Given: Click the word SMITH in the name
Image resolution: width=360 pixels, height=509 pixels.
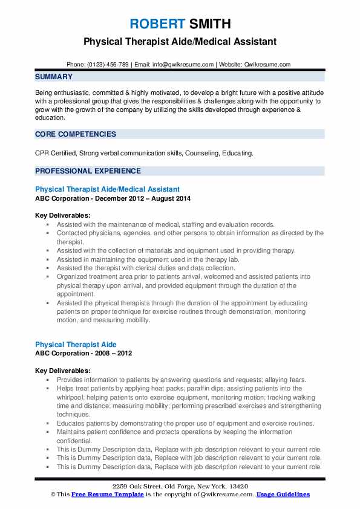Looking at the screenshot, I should click(210, 24).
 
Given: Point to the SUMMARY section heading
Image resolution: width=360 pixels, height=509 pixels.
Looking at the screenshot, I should click(54, 77).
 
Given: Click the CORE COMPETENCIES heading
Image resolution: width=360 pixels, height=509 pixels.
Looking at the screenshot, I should click(75, 134).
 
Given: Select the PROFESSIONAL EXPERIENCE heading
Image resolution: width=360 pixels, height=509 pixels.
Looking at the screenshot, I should click(88, 171).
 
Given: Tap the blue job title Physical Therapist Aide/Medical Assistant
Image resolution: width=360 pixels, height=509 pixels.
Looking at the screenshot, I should click(107, 189).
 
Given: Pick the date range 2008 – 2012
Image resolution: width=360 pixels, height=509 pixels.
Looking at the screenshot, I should click(111, 353).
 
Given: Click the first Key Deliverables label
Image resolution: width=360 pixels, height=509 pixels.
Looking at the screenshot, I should click(63, 215).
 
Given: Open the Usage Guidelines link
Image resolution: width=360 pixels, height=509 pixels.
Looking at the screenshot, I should click(283, 494).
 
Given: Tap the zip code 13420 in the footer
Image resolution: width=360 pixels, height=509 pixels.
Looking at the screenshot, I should click(240, 486).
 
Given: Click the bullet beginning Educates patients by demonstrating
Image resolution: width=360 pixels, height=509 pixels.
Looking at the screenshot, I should click(185, 424).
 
